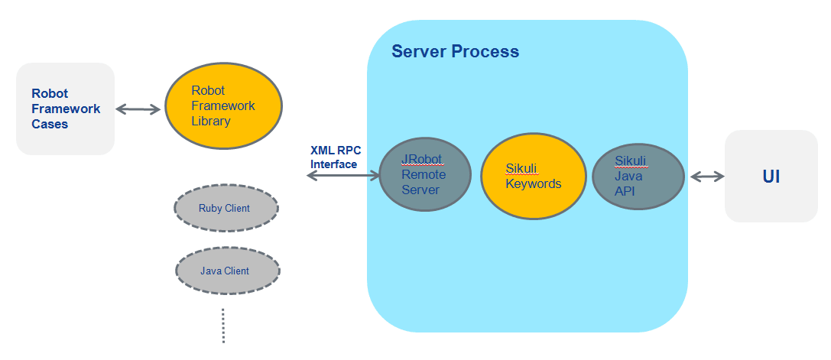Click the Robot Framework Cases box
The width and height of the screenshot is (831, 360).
coord(65,109)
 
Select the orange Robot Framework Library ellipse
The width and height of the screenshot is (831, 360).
coord(223,105)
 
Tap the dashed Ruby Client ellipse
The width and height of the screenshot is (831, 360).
coord(226,208)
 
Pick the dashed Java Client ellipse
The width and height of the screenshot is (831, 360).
coord(227,271)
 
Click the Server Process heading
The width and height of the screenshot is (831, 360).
coord(455,52)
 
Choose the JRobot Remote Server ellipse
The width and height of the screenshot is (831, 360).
coord(424,174)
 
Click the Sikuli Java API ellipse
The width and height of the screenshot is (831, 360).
coord(638,176)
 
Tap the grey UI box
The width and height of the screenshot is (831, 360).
coord(771,177)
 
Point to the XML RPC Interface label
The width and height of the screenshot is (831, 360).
coord(335,157)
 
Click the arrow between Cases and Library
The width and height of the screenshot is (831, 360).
coord(138,109)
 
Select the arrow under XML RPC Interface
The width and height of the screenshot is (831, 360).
coord(342,177)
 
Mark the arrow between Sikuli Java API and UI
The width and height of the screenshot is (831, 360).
coord(706,177)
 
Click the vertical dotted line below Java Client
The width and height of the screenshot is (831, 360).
coord(223,326)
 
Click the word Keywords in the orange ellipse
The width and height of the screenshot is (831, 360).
coord(534,184)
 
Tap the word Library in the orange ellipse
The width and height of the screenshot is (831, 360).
coord(211,121)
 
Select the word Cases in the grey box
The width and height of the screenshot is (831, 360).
coord(50,124)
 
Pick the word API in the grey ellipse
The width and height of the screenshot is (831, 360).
coord(625,191)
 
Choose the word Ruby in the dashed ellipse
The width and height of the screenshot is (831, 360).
coord(210,208)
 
